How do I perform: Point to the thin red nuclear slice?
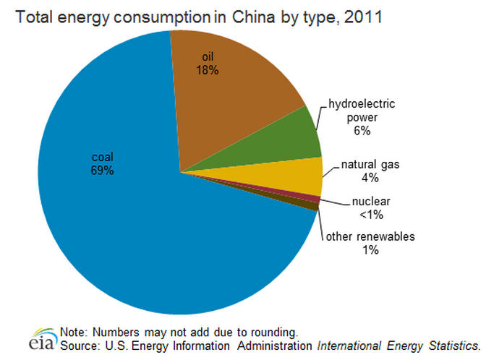click(315, 199)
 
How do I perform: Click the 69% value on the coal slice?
click(102, 171)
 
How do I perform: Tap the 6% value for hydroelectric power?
click(362, 131)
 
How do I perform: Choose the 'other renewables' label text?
click(370, 236)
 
